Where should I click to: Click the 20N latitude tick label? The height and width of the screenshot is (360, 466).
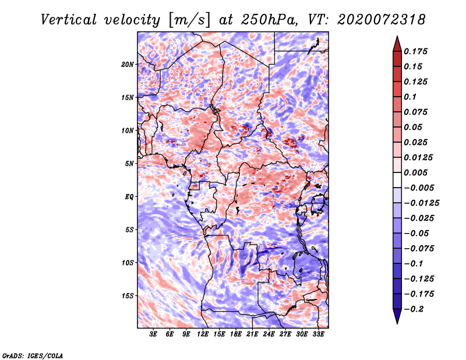[x=128, y=65]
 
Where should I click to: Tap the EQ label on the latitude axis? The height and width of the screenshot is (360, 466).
[x=129, y=197]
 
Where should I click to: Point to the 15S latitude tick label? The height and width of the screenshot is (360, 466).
[x=128, y=296]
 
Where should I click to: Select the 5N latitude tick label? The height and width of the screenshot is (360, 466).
[x=129, y=164]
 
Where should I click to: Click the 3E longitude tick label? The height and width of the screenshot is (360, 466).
[x=153, y=334]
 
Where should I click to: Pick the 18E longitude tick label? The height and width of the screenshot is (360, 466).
[x=236, y=334]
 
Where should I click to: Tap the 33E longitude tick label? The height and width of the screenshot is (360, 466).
[x=318, y=334]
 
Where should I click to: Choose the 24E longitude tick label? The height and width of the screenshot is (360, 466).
[x=269, y=334]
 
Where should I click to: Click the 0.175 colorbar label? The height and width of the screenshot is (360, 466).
[x=415, y=51]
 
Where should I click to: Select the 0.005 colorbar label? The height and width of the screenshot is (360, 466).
[x=415, y=172]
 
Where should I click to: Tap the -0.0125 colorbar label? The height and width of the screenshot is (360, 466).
[x=421, y=203]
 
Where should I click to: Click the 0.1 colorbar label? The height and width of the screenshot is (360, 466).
[x=410, y=97]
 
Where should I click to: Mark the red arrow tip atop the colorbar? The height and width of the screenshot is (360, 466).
[x=397, y=36]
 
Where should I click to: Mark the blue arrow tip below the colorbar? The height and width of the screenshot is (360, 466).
[x=397, y=323]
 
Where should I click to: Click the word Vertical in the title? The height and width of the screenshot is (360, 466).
[x=69, y=20]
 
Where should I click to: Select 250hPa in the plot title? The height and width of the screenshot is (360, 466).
[x=269, y=20]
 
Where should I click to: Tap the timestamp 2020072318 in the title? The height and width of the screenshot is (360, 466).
[x=382, y=20]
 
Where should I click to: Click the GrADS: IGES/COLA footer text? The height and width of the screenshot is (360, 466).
[x=33, y=356]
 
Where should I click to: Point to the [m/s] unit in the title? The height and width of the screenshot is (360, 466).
[x=189, y=20]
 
